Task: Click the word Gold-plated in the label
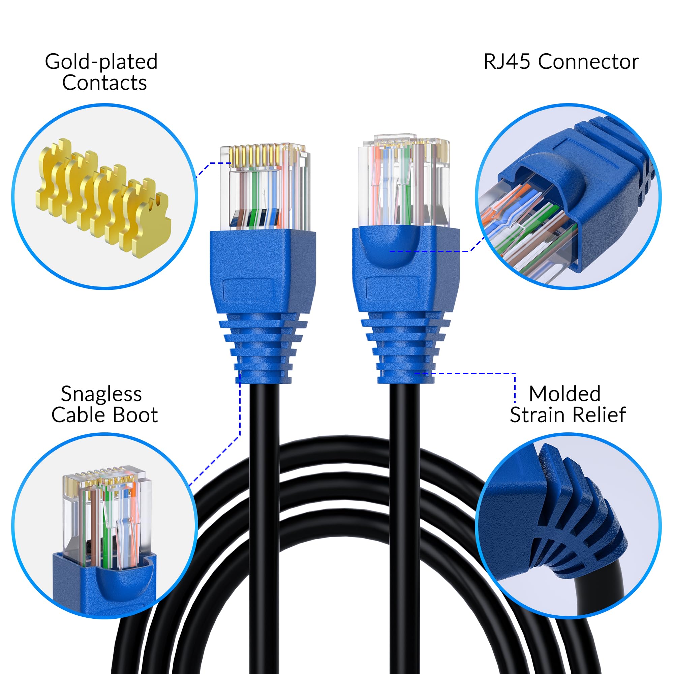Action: point(101,62)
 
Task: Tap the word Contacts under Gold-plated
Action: point(104,83)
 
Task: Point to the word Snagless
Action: point(101,394)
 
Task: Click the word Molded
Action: point(564,394)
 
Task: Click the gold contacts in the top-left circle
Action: point(103,195)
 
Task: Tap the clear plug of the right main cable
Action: point(404,181)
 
